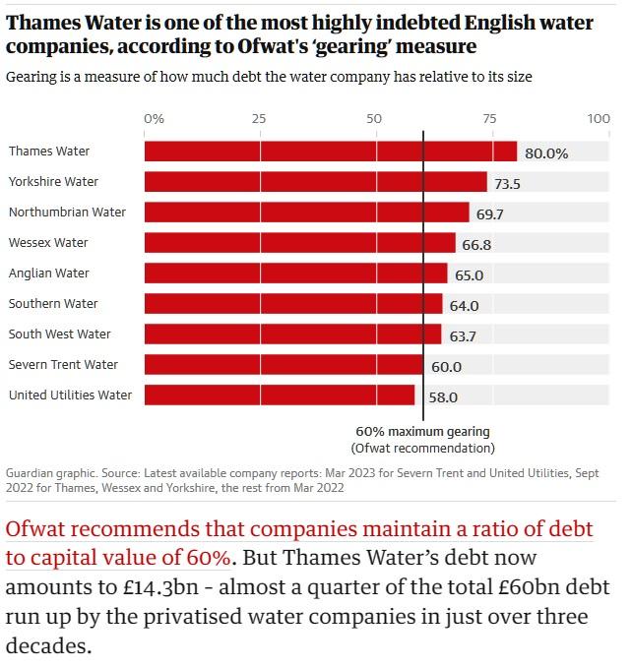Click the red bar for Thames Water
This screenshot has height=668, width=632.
click(330, 152)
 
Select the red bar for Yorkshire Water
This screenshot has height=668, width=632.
click(315, 182)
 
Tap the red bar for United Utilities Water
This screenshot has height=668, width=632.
click(280, 395)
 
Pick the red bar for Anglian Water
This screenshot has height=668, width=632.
click(295, 273)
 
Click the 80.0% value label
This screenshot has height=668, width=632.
click(546, 153)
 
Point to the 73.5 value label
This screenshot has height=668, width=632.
click(507, 184)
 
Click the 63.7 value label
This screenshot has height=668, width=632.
click(463, 336)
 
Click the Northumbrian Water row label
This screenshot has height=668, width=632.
click(67, 213)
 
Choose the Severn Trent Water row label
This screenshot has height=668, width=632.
click(63, 365)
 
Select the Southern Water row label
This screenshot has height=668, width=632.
click(53, 304)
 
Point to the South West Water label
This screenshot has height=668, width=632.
click(59, 334)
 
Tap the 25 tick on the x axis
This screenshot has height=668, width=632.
click(259, 119)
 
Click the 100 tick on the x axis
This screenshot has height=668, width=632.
click(599, 119)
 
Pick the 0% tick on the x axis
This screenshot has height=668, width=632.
click(155, 119)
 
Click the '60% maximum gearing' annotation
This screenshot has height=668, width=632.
click(422, 432)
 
